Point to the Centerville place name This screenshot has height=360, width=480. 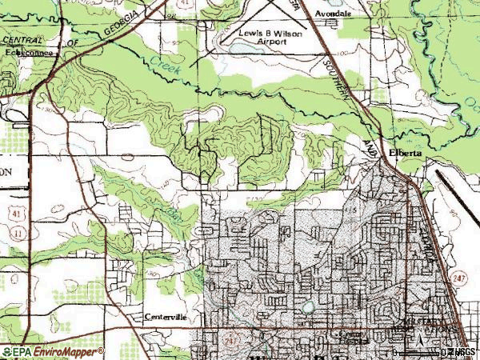point(166,317)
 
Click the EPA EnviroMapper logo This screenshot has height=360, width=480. point(52,352)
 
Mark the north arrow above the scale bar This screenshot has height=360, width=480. point(418,342)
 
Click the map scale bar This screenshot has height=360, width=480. point(416,353)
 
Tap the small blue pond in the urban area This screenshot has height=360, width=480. point(306,306)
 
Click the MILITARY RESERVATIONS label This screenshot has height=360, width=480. point(424,324)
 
